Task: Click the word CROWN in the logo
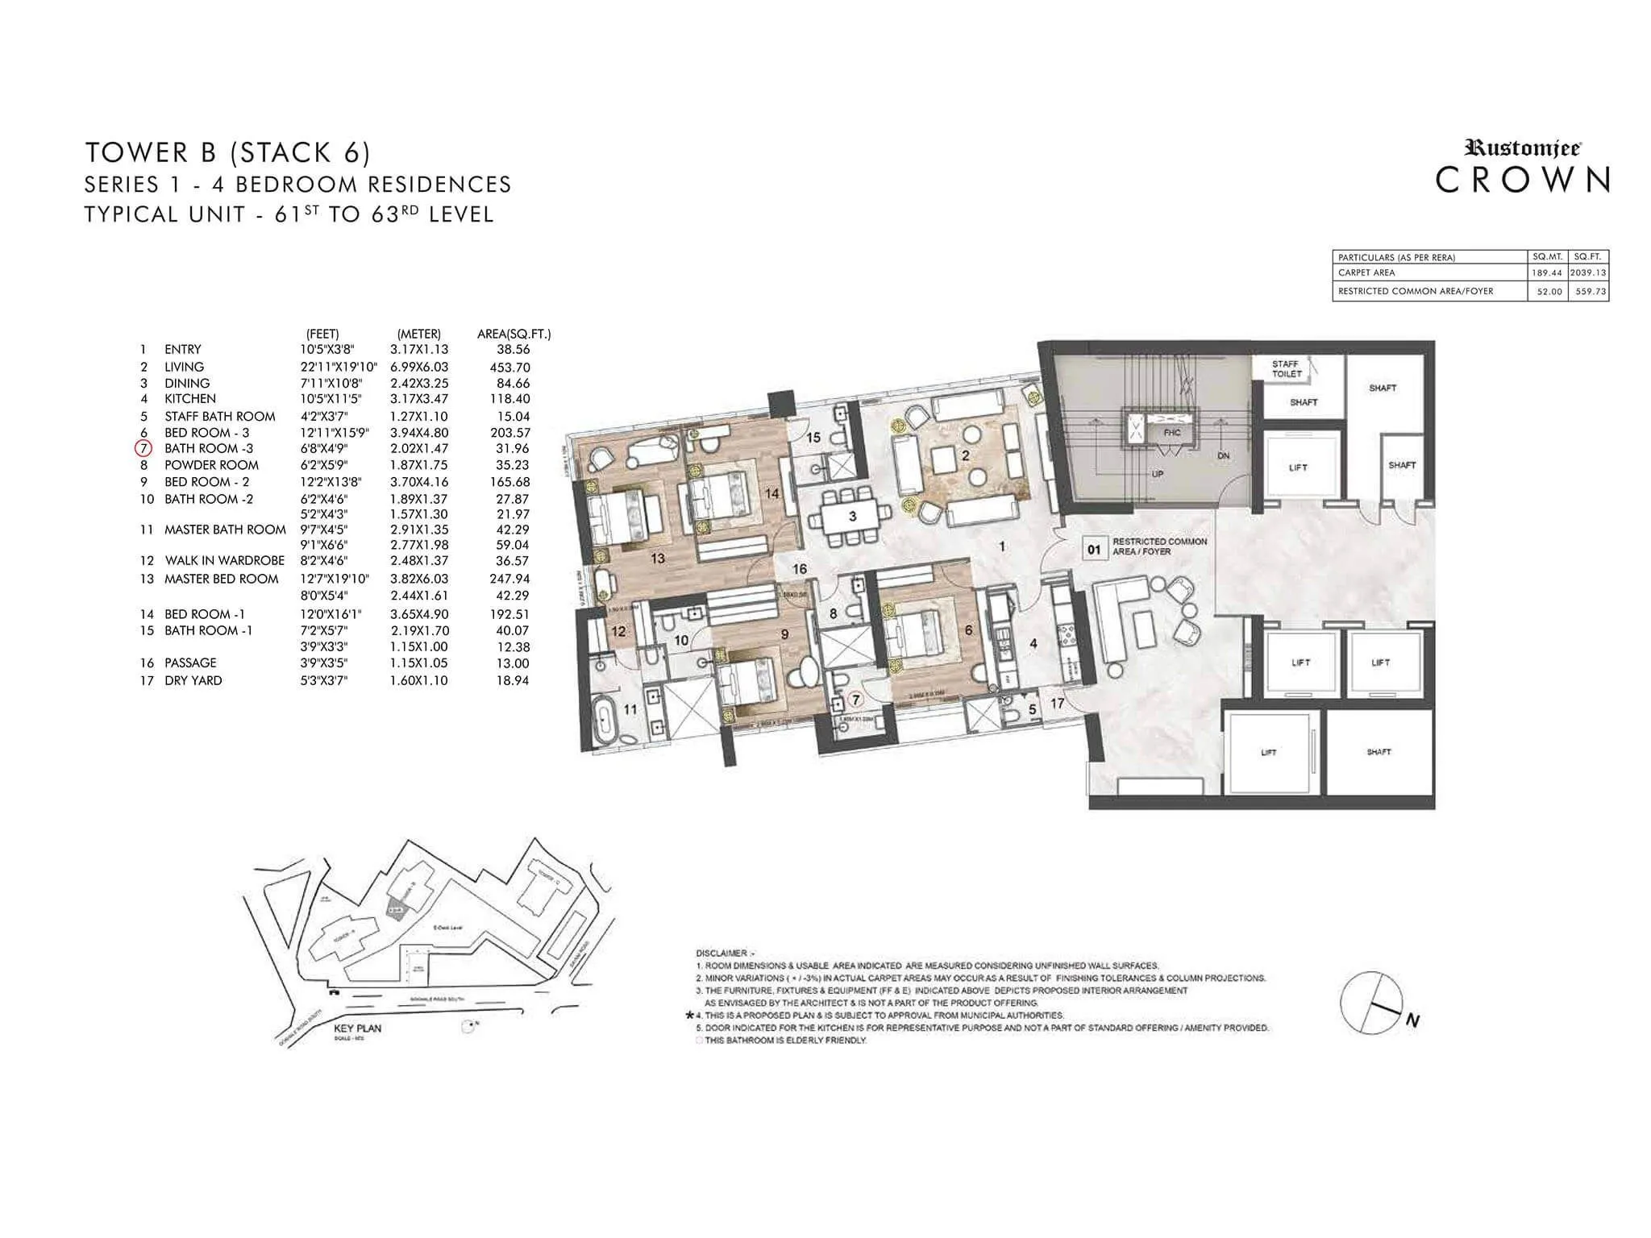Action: tap(1523, 181)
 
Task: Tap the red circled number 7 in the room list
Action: tap(143, 448)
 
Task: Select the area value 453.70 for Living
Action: tap(509, 367)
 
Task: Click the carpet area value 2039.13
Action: tap(1588, 272)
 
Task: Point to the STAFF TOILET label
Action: tap(1287, 369)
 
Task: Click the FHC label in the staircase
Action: tap(1172, 433)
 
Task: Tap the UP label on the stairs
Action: tap(1158, 474)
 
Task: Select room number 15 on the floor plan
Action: tap(813, 438)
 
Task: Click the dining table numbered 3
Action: tap(852, 516)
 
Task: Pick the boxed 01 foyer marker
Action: tap(1094, 550)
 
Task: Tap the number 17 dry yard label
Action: tap(1057, 704)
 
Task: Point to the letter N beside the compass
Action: tap(1412, 1021)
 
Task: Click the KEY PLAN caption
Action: tap(357, 1028)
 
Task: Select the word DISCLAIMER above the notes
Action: tap(721, 953)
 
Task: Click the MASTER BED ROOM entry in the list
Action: tap(221, 579)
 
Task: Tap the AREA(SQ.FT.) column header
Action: tap(514, 334)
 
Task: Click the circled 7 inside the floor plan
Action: tap(855, 700)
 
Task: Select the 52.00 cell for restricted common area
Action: tap(1549, 292)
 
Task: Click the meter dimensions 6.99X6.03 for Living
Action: tap(419, 367)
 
